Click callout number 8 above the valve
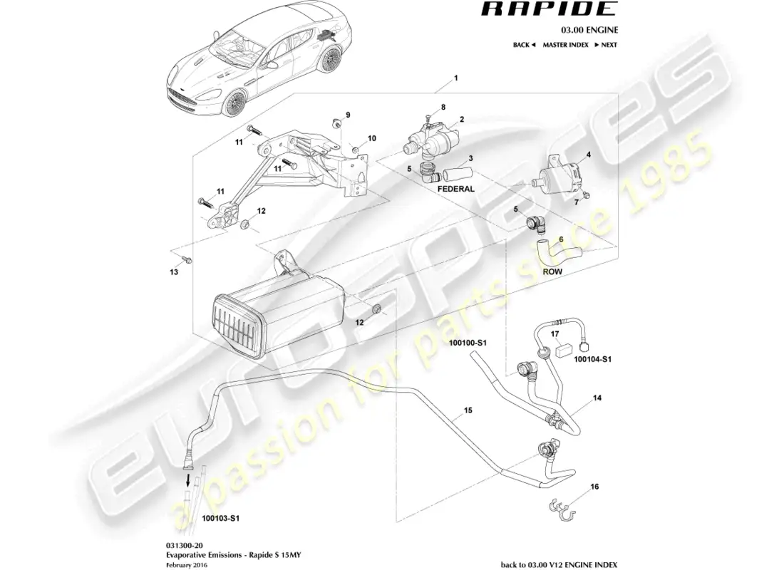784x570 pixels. pyautogui.click(x=443, y=107)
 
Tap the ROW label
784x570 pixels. pyautogui.click(x=552, y=271)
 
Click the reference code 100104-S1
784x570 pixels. pyautogui.click(x=594, y=360)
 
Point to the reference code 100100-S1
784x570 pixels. pyautogui.click(x=468, y=343)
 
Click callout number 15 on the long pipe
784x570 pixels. pyautogui.click(x=468, y=411)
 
